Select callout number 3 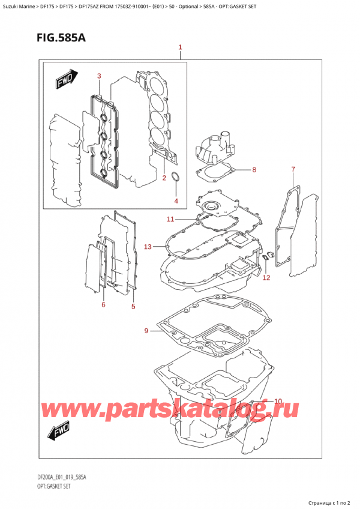point(99,76)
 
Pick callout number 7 point(293,169)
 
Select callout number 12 point(266,277)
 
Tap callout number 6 point(103,305)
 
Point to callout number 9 point(146,331)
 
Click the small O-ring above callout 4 point(175,177)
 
